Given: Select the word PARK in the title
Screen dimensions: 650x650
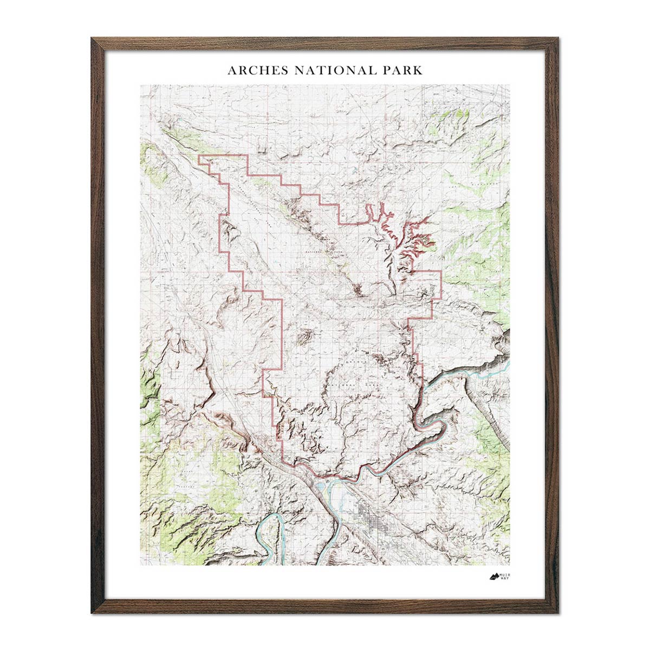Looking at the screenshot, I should (x=402, y=70).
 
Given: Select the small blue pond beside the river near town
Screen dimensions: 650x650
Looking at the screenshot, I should (x=320, y=491).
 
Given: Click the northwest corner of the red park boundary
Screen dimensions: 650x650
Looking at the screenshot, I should (x=199, y=156).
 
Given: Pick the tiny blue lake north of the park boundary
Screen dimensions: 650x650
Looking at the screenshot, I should (x=353, y=174).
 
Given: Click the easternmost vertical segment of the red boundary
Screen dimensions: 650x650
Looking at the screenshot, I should (x=441, y=284).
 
